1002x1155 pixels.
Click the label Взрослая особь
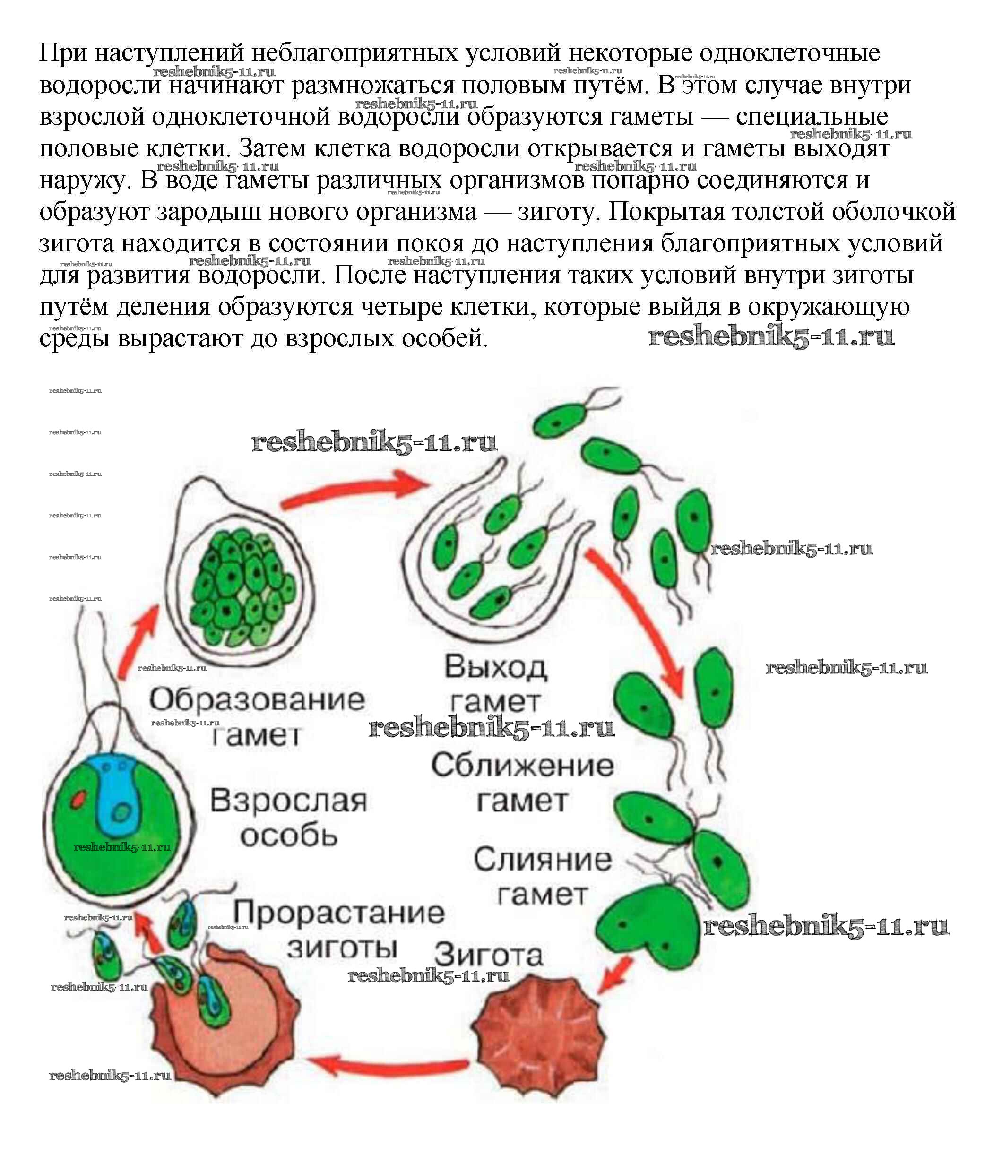pyautogui.click(x=288, y=818)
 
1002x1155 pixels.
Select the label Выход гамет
pyautogui.click(x=495, y=683)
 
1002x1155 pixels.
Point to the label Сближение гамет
pyautogui.click(x=522, y=783)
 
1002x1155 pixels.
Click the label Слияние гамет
pyautogui.click(x=543, y=877)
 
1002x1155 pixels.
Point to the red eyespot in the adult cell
pyautogui.click(x=78, y=798)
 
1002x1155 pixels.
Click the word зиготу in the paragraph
pyautogui.click(x=556, y=212)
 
